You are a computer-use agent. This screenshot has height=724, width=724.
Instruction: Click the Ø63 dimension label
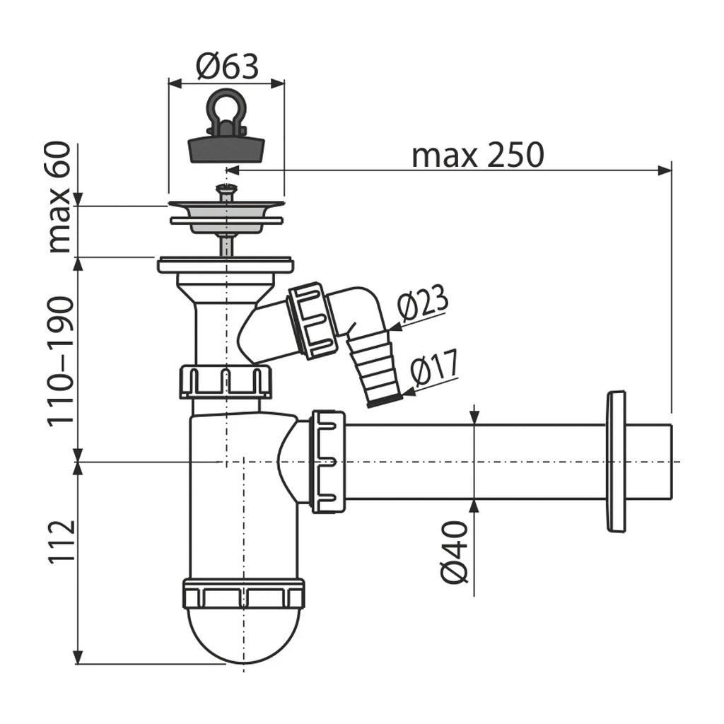tap(227, 68)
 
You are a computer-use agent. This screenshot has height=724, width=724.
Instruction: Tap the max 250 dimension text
tap(478, 155)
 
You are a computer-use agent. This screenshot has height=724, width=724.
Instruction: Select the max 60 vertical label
tap(61, 197)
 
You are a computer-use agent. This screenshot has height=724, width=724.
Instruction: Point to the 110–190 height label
tap(61, 360)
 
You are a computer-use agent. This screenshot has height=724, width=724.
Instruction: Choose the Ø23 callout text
tap(422, 305)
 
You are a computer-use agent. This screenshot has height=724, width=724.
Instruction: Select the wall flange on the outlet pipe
tap(616, 461)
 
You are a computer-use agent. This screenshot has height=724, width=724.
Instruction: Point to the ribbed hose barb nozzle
tap(373, 368)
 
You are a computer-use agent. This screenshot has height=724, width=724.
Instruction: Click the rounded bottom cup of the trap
tap(243, 633)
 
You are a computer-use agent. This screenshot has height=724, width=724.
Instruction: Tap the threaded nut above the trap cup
tap(243, 593)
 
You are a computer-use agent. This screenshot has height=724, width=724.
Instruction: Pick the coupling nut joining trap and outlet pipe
tap(327, 461)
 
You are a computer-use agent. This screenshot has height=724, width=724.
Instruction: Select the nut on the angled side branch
tap(313, 320)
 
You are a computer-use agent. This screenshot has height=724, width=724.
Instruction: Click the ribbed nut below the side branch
tap(226, 382)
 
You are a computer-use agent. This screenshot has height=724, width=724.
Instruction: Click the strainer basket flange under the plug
tap(226, 214)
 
